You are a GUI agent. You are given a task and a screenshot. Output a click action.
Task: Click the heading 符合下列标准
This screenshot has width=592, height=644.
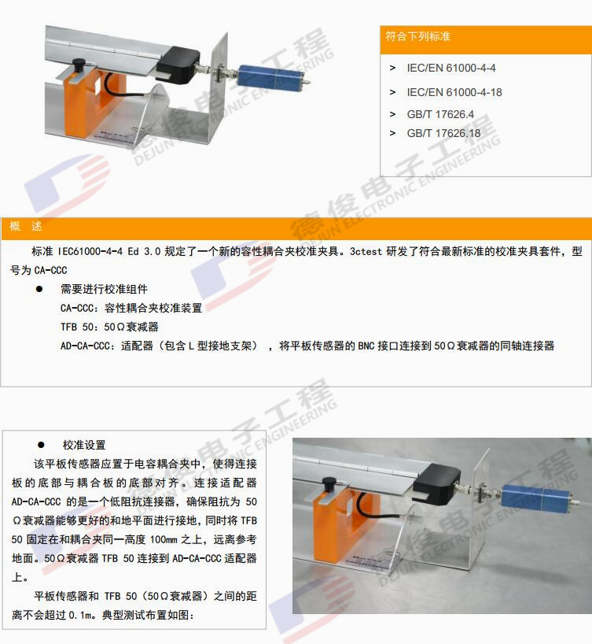(x=417, y=36)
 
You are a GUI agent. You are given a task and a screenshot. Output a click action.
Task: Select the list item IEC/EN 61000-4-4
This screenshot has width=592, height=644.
(x=451, y=68)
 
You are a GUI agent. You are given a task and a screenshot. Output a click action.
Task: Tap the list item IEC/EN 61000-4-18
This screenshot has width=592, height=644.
(x=454, y=92)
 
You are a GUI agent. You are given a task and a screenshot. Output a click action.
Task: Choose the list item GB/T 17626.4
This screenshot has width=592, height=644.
(x=440, y=114)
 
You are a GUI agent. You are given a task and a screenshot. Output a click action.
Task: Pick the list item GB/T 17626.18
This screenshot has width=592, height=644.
(x=443, y=133)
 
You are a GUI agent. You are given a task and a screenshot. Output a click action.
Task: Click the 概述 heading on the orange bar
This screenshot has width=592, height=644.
(x=26, y=226)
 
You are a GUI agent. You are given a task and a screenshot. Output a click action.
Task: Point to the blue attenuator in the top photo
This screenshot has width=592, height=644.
(x=270, y=77)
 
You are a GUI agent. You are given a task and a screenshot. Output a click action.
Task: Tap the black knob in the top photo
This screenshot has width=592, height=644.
(x=79, y=64)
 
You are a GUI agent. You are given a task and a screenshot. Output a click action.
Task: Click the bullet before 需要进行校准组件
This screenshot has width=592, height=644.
(x=39, y=289)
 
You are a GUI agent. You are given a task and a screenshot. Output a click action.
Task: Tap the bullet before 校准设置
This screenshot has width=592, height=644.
(x=41, y=445)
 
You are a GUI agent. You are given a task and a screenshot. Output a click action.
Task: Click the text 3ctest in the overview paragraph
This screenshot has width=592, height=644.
(x=366, y=251)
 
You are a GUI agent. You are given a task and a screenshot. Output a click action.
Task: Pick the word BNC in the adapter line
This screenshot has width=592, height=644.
(x=366, y=346)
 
